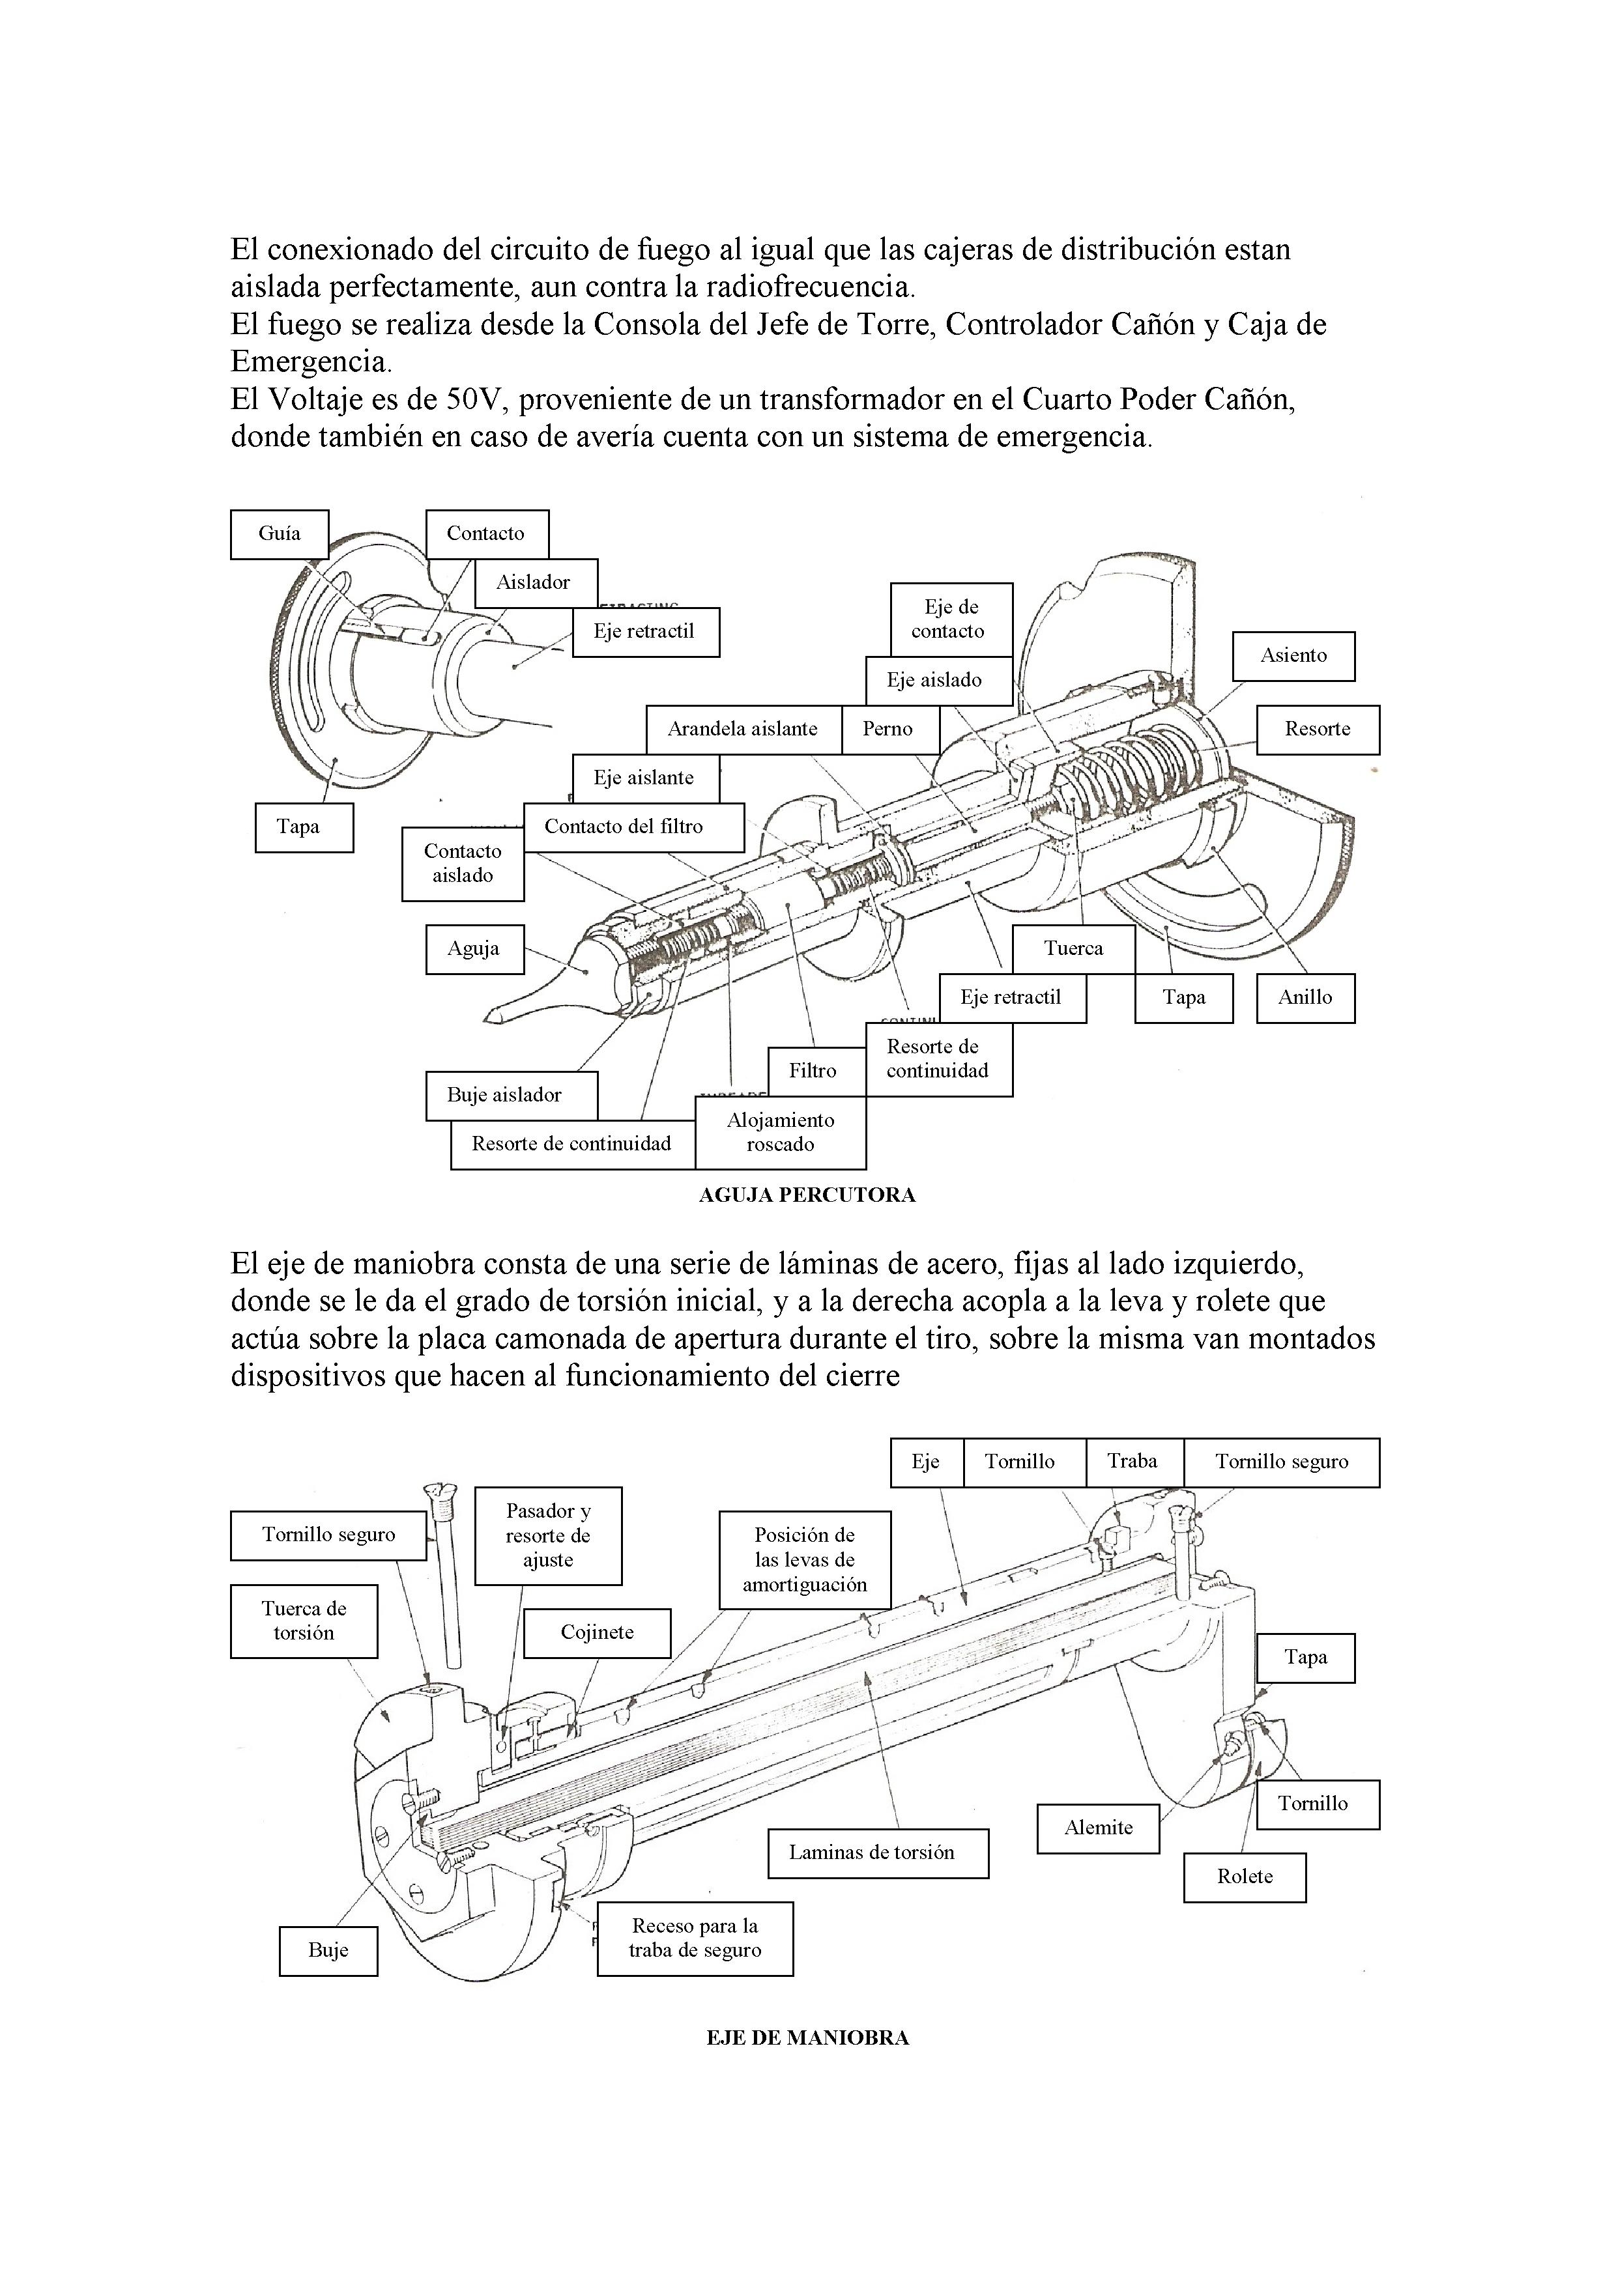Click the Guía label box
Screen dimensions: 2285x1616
click(279, 534)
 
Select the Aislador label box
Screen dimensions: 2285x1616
click(535, 583)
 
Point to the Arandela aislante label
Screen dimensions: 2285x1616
click(743, 730)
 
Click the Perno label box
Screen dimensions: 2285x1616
click(888, 730)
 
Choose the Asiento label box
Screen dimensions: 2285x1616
click(1293, 656)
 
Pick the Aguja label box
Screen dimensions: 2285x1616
click(473, 950)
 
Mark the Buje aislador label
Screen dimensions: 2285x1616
click(505, 1096)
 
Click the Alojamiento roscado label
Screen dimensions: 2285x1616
click(781, 1133)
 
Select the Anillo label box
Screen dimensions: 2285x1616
click(1305, 998)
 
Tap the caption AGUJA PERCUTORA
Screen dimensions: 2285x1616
click(807, 1195)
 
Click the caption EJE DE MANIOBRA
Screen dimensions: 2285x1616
click(807, 2038)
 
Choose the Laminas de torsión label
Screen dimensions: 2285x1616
click(873, 1853)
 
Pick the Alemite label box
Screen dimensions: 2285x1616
click(1098, 1828)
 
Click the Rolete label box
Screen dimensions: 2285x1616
click(1245, 1877)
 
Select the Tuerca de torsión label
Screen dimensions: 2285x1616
click(304, 1621)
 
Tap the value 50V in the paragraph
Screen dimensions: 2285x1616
click(477, 400)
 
